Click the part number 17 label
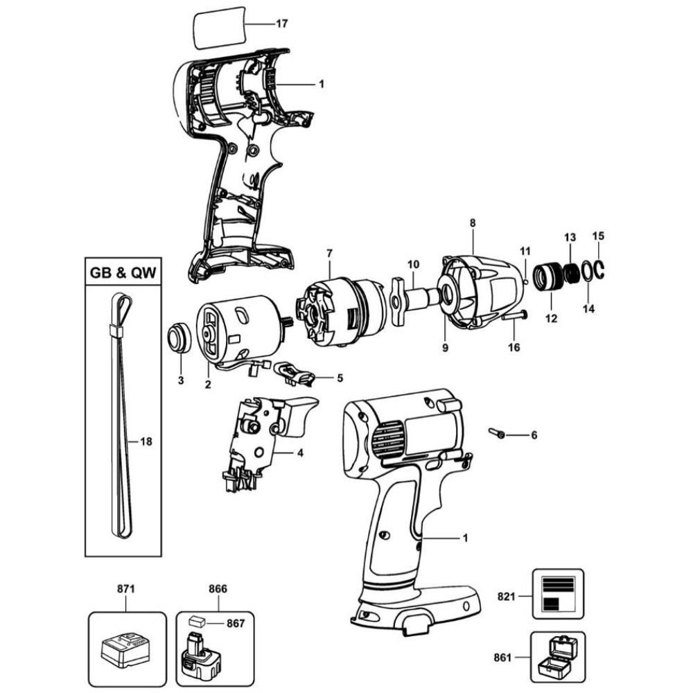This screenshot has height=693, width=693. click(281, 24)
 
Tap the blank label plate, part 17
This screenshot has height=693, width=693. click(220, 28)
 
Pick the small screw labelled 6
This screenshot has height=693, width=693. click(498, 434)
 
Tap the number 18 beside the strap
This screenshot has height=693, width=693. click(146, 441)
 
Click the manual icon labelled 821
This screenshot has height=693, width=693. click(557, 593)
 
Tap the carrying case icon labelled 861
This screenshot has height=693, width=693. click(557, 656)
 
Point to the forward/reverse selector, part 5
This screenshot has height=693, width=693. click(298, 375)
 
